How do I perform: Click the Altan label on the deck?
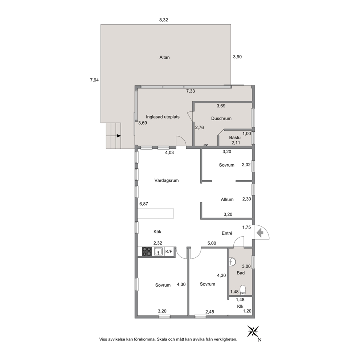pyautogui.click(x=164, y=57)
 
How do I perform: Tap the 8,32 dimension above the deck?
pyautogui.click(x=164, y=20)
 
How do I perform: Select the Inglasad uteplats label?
pyautogui.click(x=163, y=117)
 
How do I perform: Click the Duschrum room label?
pyautogui.click(x=221, y=118)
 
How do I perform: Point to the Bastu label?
pyautogui.click(x=235, y=138)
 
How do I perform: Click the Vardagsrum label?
pyautogui.click(x=167, y=180)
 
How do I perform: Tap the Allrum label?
pyautogui.click(x=227, y=200)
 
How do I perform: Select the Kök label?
pyautogui.click(x=157, y=232)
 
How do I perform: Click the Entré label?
pyautogui.click(x=227, y=233)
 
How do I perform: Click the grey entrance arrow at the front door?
pyautogui.click(x=260, y=233)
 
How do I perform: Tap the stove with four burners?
pyautogui.click(x=147, y=251)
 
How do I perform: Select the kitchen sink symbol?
pyautogui.click(x=159, y=251)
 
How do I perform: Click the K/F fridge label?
pyautogui.click(x=169, y=251)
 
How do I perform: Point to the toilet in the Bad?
pyautogui.click(x=243, y=290)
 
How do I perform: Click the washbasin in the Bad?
pyautogui.click(x=232, y=262)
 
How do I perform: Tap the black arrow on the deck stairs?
pyautogui.click(x=119, y=136)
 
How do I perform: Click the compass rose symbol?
pyautogui.click(x=253, y=331)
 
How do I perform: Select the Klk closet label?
pyautogui.click(x=240, y=306)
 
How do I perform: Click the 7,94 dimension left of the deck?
pyautogui.click(x=94, y=80)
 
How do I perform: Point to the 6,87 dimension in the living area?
pyautogui.click(x=144, y=204)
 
